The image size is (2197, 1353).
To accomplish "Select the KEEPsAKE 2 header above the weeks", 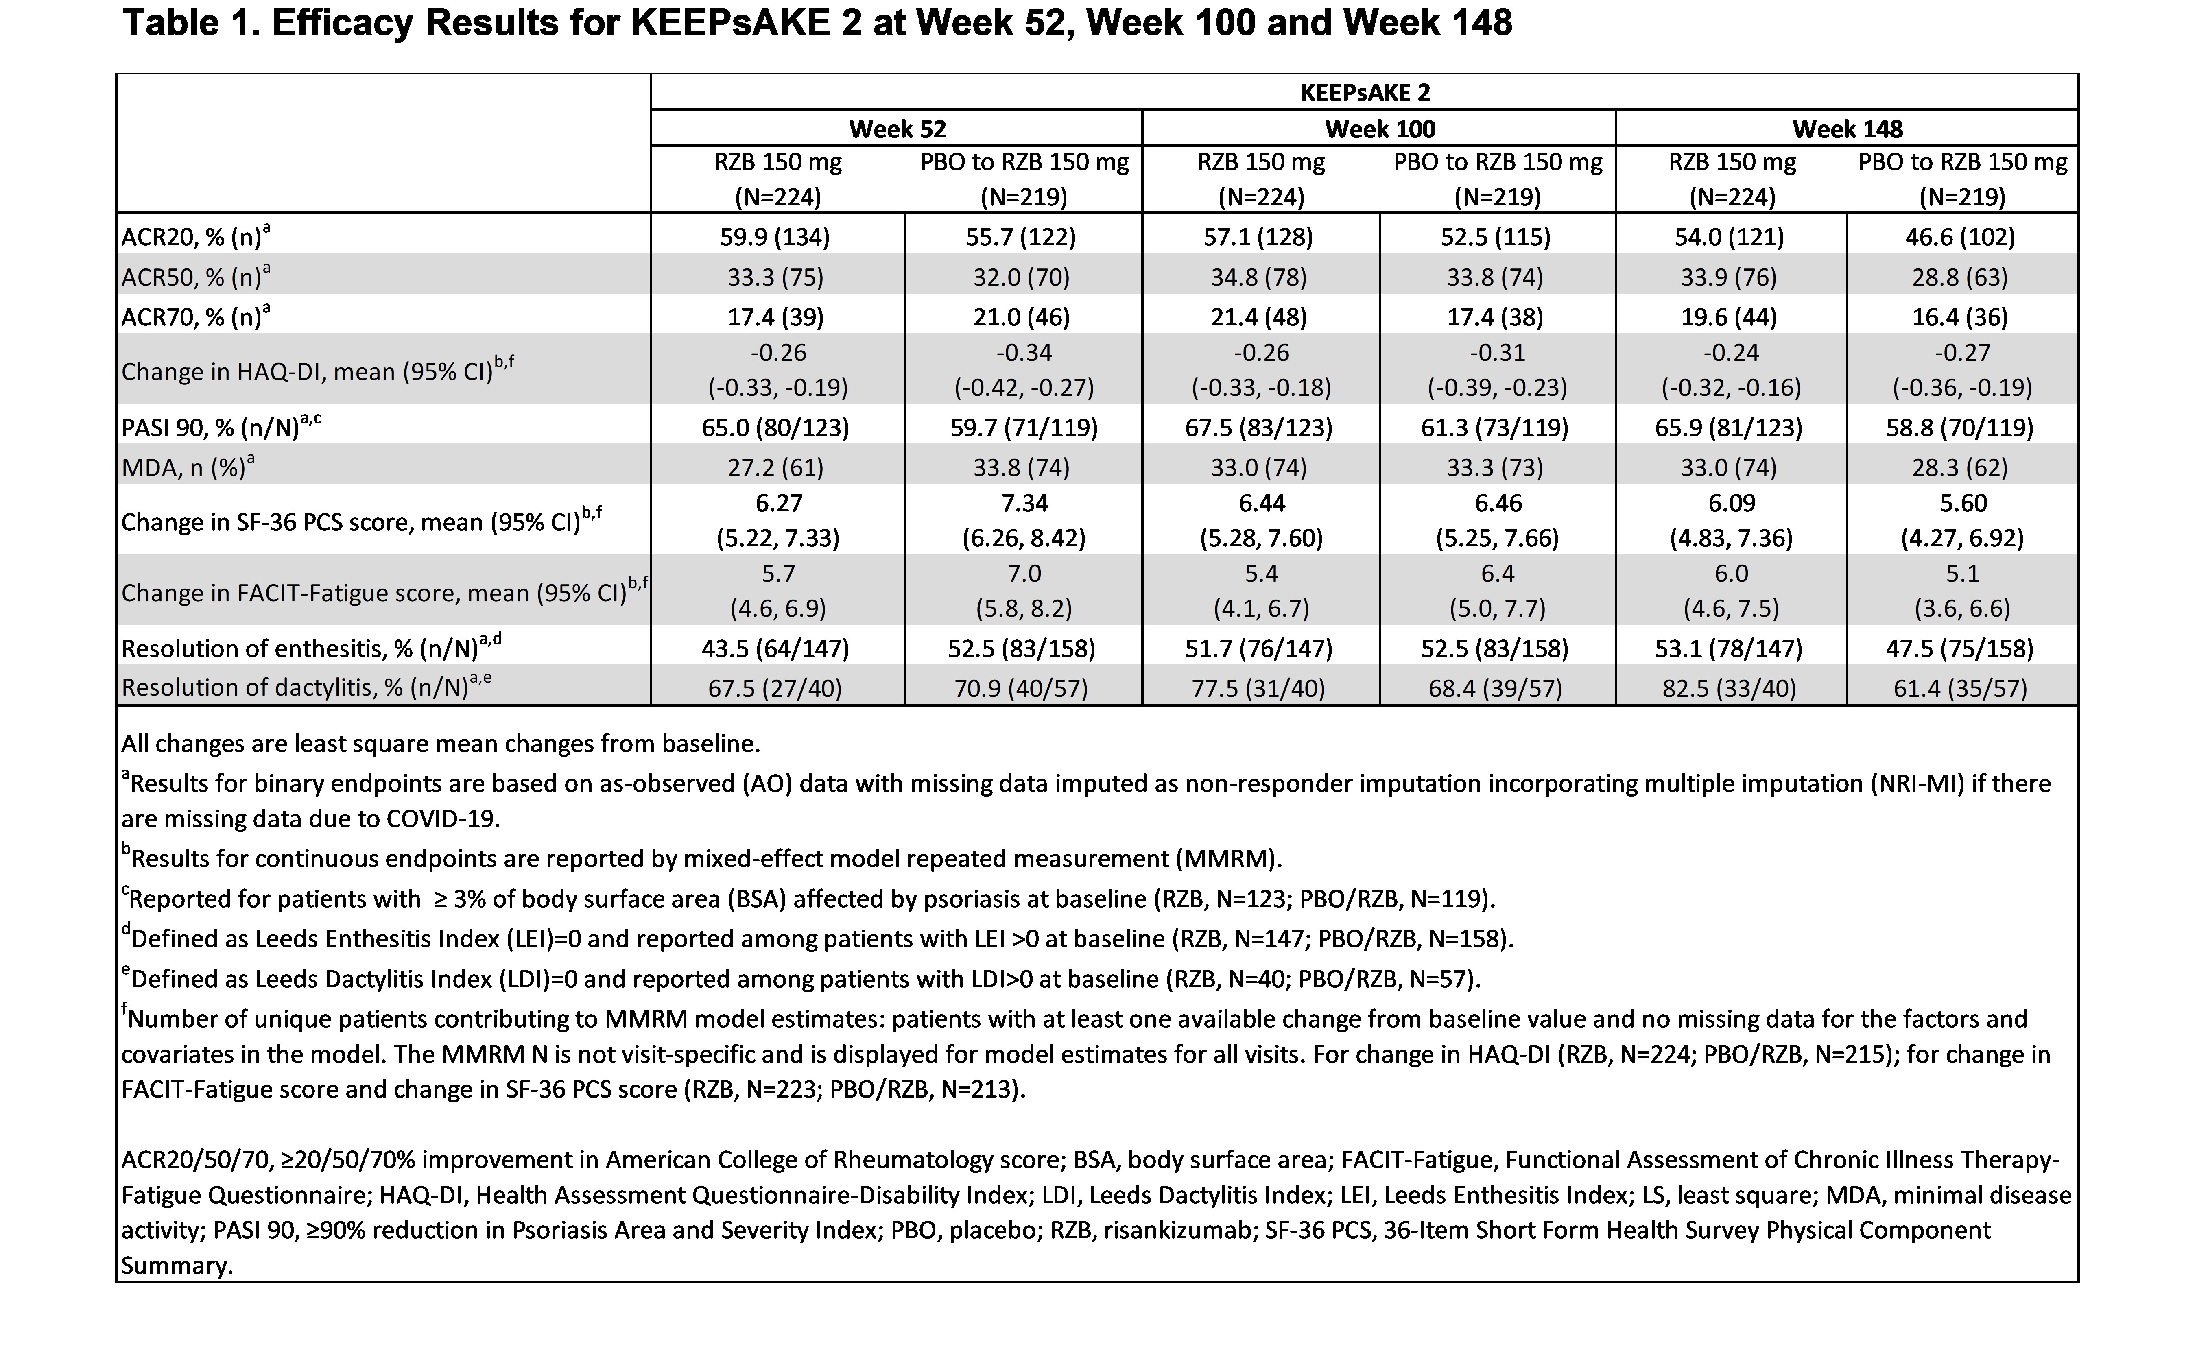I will pyautogui.click(x=1365, y=92).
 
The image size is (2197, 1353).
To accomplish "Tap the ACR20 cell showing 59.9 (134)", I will pyautogui.click(x=775, y=237).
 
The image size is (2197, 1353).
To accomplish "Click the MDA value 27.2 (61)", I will pyautogui.click(x=775, y=467).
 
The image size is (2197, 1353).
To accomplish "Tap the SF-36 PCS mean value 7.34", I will pyautogui.click(x=1024, y=503).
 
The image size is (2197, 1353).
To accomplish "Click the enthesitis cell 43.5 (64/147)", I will pyautogui.click(x=775, y=649).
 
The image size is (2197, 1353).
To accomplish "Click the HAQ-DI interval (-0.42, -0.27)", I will pyautogui.click(x=1024, y=387).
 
